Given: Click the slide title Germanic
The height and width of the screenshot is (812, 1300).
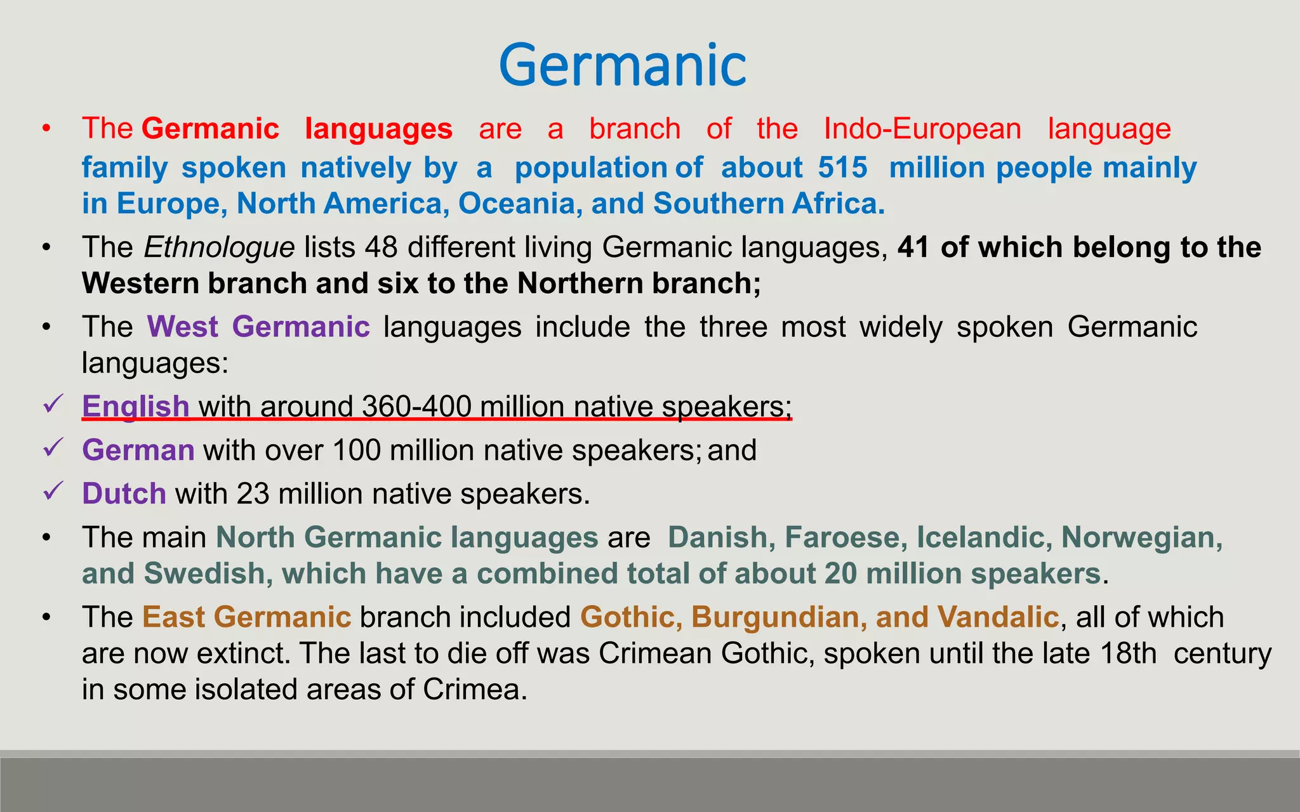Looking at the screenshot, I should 623,65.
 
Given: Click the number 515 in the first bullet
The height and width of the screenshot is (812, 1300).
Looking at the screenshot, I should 842,167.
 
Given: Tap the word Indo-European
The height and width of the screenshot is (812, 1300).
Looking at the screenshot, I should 922,129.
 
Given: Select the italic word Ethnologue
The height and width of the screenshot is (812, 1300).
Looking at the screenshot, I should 219,247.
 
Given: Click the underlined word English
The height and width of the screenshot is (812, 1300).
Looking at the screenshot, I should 136,407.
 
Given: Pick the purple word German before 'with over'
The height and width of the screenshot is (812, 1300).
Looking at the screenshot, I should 138,450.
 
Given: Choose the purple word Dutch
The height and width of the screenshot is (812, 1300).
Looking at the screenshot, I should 124,494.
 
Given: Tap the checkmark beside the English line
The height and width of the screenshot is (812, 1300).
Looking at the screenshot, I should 53,403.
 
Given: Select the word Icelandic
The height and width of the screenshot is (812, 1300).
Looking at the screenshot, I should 980,537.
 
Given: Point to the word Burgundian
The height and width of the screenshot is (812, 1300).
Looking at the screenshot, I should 774,617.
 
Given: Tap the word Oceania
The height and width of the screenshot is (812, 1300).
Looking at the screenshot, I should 520,204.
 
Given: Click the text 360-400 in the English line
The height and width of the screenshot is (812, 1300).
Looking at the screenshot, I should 416,407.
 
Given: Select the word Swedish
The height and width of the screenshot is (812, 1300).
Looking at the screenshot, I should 204,573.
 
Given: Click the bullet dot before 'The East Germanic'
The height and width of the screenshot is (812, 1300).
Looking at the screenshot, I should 46,617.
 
